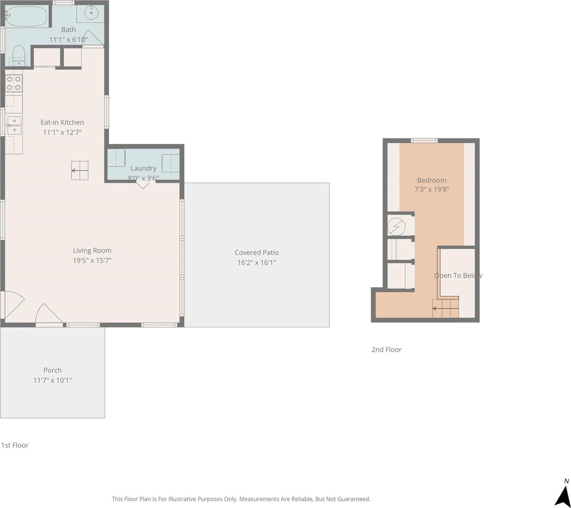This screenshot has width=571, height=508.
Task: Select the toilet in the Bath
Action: click(19, 56)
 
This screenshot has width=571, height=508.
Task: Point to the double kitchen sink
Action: click(14, 125)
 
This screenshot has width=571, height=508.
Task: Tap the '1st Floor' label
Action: click(15, 445)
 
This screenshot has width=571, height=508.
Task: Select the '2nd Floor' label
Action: click(386, 350)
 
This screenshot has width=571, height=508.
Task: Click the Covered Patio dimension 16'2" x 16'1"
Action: click(257, 263)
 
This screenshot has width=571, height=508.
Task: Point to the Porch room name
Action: click(52, 370)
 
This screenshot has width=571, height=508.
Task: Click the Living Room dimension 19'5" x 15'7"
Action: click(92, 261)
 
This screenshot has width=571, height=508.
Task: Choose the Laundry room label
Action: click(143, 168)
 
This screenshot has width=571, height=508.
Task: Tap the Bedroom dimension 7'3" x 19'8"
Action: click(432, 189)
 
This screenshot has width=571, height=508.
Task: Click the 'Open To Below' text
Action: click(458, 275)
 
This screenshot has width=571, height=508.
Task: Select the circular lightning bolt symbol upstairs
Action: click(396, 226)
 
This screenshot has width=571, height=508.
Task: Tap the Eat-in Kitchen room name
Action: click(62, 122)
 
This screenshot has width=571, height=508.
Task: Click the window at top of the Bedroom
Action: click(424, 140)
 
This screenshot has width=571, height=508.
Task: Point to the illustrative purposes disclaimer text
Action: click(241, 499)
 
